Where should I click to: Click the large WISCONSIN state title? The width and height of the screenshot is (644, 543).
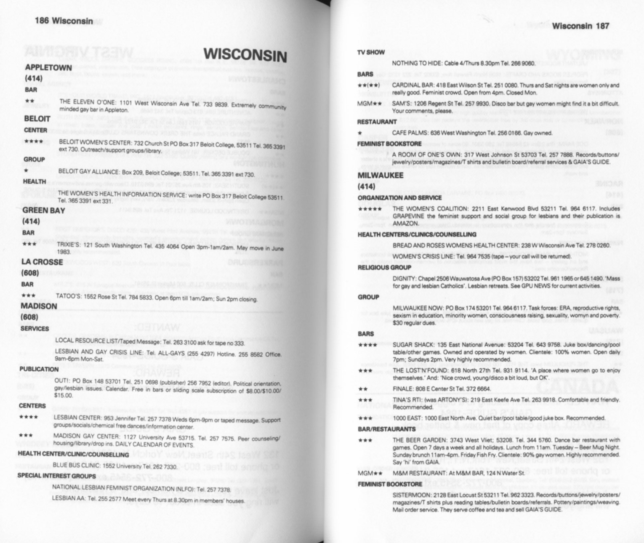coord(245,55)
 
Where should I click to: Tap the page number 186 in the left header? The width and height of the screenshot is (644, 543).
coord(42,21)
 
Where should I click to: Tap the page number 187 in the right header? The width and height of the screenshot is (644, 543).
coord(603,26)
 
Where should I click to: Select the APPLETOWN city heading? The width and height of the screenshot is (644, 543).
coord(48,68)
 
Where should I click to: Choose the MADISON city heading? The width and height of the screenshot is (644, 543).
coord(39,306)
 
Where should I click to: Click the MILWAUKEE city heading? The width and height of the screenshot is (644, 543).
coord(380,175)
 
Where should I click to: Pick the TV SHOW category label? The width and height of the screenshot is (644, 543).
coord(371,52)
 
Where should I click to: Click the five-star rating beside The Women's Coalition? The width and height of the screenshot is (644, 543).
coord(370,209)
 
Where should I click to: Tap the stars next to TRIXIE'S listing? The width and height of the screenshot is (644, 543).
coord(29,245)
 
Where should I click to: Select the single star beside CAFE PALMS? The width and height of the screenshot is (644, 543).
coord(360,133)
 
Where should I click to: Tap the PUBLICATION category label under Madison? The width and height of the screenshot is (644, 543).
coord(39,369)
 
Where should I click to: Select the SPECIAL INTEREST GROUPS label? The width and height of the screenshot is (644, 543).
coord(57,476)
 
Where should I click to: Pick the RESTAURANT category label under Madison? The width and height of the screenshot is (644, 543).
coord(377,122)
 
